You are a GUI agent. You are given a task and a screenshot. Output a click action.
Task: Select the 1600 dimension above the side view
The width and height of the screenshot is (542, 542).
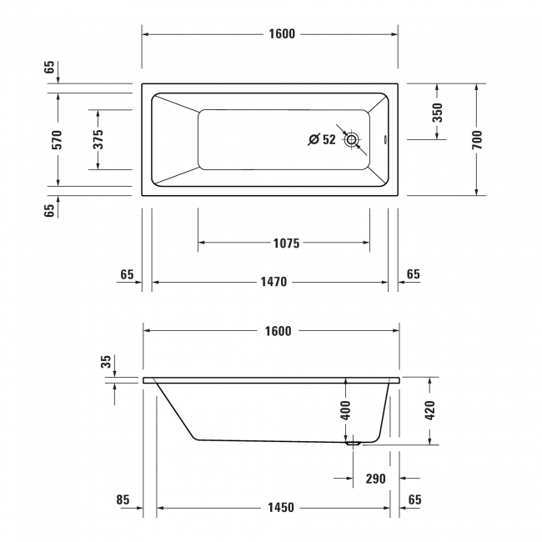coord(278,331)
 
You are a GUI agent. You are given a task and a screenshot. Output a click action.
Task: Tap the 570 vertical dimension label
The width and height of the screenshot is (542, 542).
coord(58,139)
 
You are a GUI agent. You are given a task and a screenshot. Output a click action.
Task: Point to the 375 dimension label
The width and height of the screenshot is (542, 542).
coord(98,139)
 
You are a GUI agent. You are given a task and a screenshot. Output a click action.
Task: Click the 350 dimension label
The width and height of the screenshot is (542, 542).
coord(437,113)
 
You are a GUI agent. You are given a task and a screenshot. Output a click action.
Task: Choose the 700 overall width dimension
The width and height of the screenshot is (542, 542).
coord(476,139)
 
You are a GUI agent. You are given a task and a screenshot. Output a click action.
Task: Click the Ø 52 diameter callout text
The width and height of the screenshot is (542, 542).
coord(321,140)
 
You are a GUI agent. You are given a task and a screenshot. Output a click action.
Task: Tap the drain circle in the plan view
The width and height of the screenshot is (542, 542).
coord(354,140)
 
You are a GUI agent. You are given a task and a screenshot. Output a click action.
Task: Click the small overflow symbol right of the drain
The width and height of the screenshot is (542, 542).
coord(384,140)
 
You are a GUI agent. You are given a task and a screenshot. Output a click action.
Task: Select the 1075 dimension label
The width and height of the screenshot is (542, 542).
coord(285,243)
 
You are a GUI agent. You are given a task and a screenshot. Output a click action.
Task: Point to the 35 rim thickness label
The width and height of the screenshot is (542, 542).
coord(105,361)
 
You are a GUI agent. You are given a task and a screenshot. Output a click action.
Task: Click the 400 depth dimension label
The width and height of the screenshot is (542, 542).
coord(346,409)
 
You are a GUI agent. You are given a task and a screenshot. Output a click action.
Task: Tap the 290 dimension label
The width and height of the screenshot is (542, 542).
coord(374,479)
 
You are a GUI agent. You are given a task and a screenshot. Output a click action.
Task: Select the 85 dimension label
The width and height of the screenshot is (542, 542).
coord(123,501)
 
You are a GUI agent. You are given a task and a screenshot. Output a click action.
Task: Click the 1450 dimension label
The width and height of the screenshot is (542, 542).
coord(278,508)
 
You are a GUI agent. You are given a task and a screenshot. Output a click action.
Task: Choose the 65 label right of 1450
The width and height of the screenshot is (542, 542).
coord(414,501)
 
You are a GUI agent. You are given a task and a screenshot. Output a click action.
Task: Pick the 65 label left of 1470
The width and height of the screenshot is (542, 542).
coord(127,274)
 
